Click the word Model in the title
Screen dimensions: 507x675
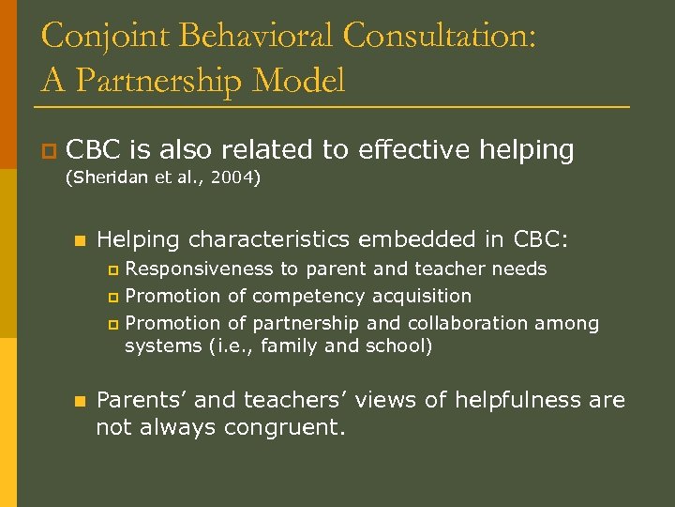click(x=298, y=81)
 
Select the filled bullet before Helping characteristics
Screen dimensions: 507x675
click(x=79, y=240)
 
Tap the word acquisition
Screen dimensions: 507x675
click(x=422, y=296)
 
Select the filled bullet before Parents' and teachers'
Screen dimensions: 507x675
click(x=79, y=401)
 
